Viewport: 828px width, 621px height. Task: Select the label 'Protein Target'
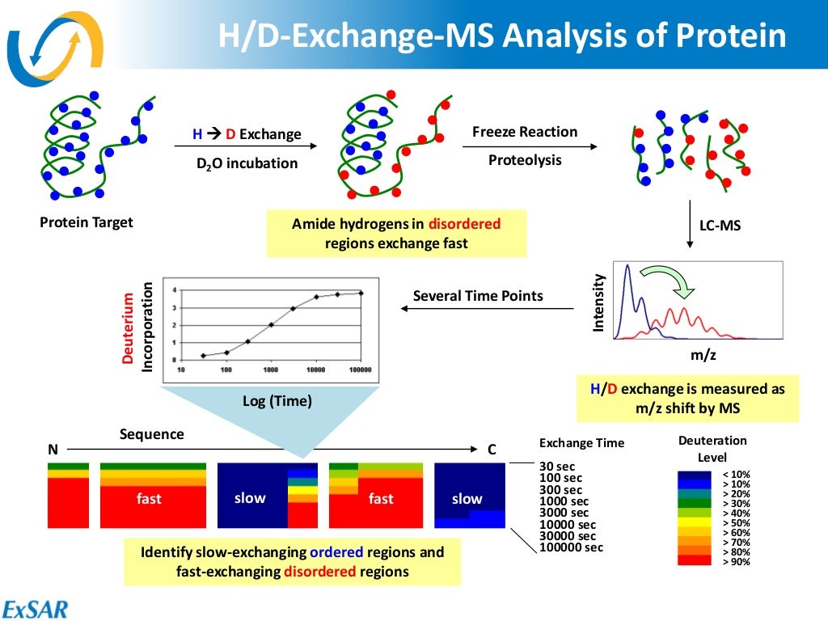pos(87,222)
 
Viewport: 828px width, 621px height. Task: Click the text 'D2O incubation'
pos(247,163)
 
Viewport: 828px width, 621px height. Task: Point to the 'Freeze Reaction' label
pos(525,132)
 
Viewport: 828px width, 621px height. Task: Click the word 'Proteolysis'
pos(525,160)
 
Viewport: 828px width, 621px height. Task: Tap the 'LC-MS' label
pos(720,226)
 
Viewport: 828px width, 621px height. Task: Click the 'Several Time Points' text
pos(478,296)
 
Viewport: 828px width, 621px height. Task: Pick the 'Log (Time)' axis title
pos(277,401)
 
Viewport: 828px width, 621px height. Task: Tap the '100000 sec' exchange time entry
pos(571,547)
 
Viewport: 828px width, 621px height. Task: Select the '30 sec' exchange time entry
pos(556,467)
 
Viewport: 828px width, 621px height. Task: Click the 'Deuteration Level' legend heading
pos(712,449)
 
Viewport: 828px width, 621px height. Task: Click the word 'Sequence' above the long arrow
pos(152,434)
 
